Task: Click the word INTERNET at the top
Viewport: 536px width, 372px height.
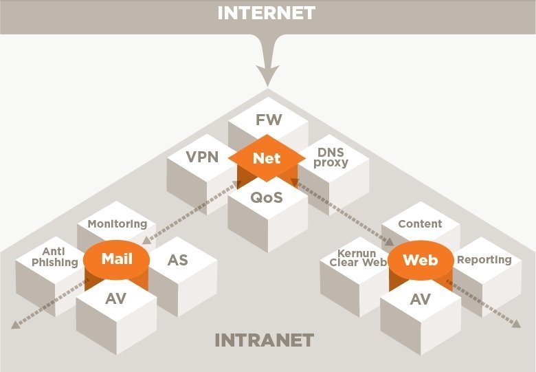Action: (267, 12)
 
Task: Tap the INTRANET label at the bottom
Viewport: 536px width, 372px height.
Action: (264, 340)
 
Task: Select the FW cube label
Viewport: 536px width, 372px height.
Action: (268, 120)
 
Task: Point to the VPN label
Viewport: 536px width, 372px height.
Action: (202, 157)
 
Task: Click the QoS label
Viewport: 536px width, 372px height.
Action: (267, 197)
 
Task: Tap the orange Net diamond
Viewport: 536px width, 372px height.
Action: (267, 158)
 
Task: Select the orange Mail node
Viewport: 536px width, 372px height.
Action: (117, 259)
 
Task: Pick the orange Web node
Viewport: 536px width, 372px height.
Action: (420, 260)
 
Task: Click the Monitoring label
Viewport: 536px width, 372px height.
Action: (118, 224)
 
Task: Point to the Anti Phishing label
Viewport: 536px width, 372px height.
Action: (55, 257)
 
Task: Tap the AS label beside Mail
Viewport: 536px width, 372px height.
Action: (177, 260)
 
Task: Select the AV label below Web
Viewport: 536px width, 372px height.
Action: (420, 299)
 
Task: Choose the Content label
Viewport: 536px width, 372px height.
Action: (420, 224)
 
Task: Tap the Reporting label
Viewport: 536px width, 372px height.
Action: (484, 259)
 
